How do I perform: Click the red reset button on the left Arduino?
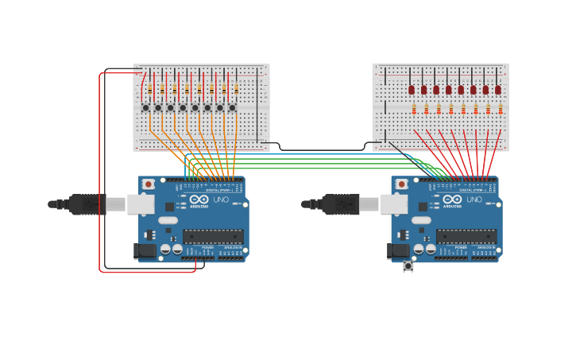(149, 184)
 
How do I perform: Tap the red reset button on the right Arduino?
(402, 184)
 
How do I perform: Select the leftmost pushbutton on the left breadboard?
(145, 107)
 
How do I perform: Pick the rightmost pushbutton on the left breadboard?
(232, 107)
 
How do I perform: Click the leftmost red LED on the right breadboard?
(412, 90)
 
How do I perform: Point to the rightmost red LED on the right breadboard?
(498, 90)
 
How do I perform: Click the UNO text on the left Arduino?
(221, 199)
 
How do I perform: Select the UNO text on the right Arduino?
(474, 199)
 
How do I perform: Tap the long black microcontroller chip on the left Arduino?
(213, 236)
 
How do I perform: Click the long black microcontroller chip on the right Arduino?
(466, 236)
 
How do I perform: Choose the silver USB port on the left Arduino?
(141, 204)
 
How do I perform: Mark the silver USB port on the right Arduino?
(393, 204)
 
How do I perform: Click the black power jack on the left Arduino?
(145, 251)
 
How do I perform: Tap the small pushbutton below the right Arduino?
(408, 266)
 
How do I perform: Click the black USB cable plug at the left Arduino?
(87, 204)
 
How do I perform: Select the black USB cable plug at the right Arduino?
(340, 204)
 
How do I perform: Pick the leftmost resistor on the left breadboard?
(149, 88)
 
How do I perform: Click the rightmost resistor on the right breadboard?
(501, 109)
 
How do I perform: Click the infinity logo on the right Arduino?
(452, 199)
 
